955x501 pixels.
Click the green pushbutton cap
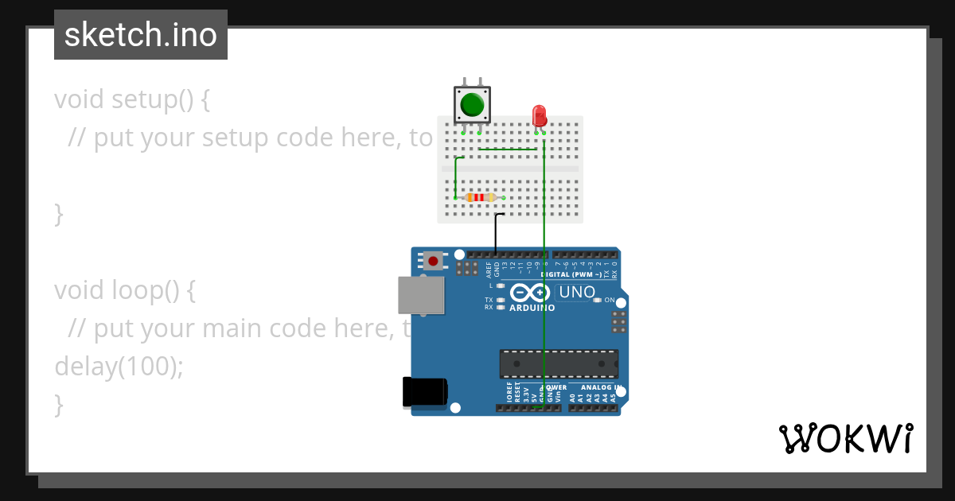472,104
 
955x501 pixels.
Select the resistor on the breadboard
479,197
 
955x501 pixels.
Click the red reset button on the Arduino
433,260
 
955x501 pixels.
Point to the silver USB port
421,295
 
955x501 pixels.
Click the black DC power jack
424,392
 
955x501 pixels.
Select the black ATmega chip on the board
559,363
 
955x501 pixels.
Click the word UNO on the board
577,292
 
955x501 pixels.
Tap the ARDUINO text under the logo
532,307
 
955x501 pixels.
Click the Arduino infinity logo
531,292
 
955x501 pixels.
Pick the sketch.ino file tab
141,35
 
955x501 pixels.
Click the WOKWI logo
845,439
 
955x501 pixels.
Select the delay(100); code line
119,366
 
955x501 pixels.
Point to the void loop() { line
125,290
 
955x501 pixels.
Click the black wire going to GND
495,232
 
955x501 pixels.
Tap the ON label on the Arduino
609,300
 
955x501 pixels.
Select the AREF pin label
489,268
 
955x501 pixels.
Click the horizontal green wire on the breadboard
507,149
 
